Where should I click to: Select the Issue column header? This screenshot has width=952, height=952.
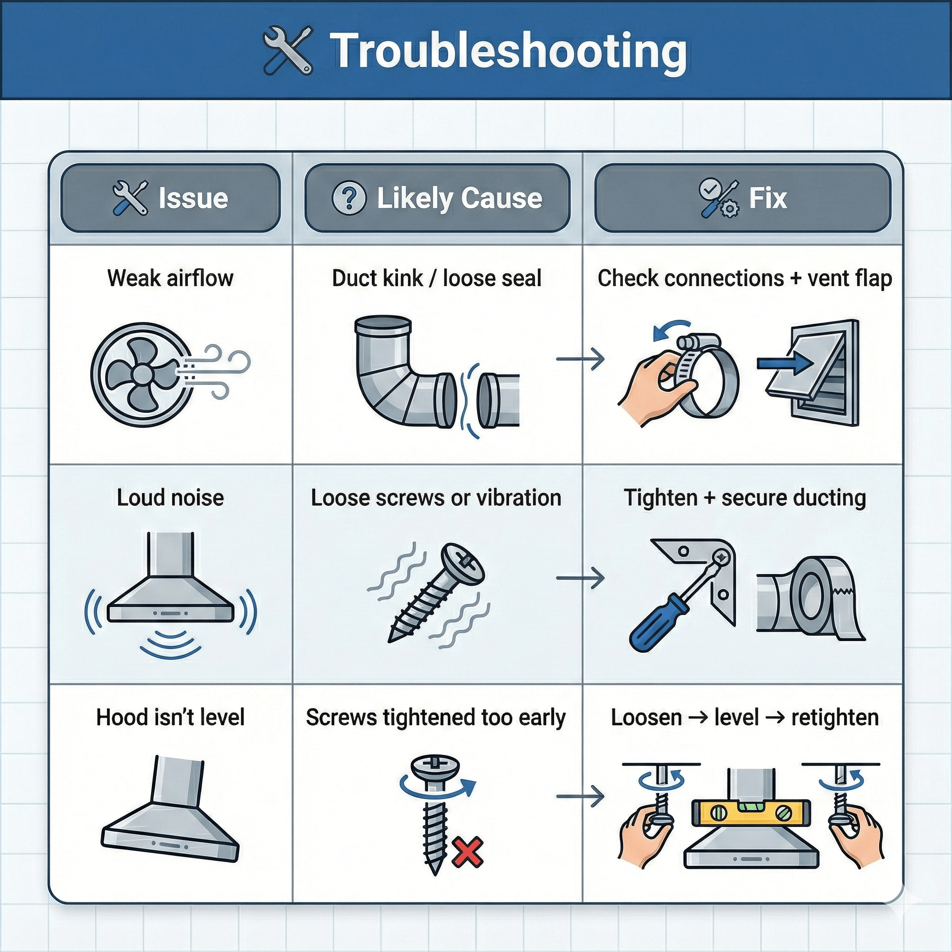click(171, 198)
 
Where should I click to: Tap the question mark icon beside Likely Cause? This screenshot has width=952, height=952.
click(349, 198)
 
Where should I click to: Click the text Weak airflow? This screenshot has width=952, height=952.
click(170, 278)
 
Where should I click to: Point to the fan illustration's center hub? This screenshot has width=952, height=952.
click(141, 375)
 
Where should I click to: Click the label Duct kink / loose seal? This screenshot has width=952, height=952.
click(436, 278)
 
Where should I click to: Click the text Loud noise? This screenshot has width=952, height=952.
click(170, 498)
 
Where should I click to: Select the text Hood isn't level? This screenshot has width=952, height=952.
click(170, 717)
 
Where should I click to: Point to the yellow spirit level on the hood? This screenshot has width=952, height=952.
click(751, 813)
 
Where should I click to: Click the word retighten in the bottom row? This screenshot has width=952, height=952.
click(835, 717)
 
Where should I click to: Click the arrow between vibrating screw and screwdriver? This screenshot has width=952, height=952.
click(580, 578)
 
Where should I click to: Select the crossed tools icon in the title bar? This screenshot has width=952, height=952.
click(287, 51)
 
